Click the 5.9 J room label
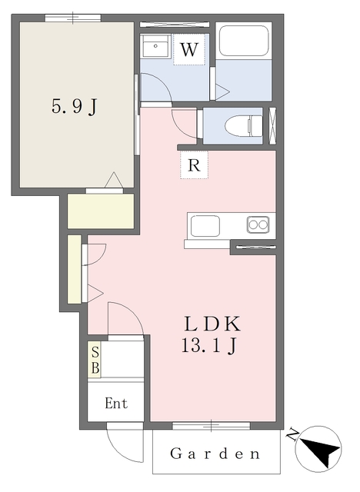click(74, 108)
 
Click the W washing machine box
click(189, 51)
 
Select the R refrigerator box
click(194, 165)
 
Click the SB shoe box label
click(95, 361)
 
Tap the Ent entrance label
click(115, 404)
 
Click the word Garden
click(215, 454)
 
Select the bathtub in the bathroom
click(242, 42)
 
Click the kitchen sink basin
click(205, 225)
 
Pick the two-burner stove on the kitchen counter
click(258, 224)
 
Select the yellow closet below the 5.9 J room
click(101, 211)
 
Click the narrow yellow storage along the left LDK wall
click(74, 269)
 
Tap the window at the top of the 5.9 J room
click(73, 18)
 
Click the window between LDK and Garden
click(212, 424)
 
